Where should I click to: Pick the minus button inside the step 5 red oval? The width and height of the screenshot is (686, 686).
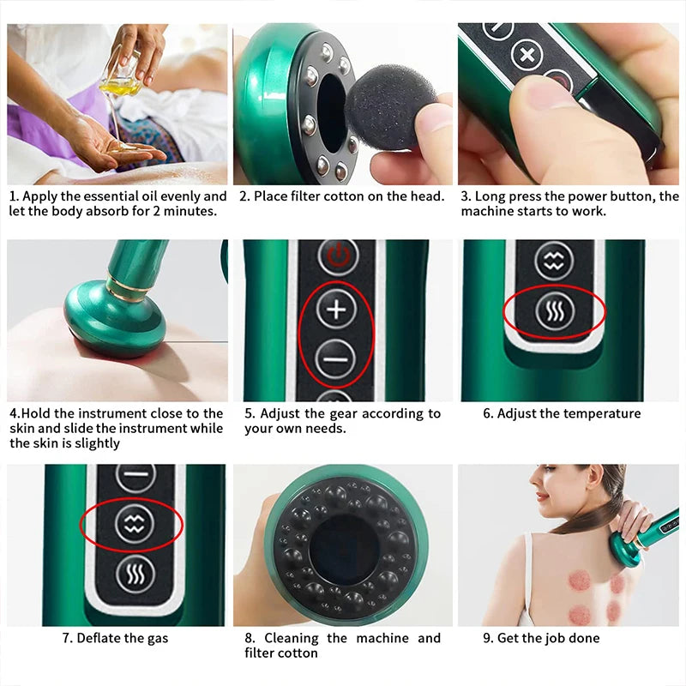click(336, 358)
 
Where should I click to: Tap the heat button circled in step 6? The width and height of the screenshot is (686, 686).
click(553, 313)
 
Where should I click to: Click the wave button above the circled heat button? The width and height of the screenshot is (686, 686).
click(553, 261)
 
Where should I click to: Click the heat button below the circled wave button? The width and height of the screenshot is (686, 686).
click(135, 574)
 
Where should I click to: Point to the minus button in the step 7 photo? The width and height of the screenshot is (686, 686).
click(135, 475)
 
